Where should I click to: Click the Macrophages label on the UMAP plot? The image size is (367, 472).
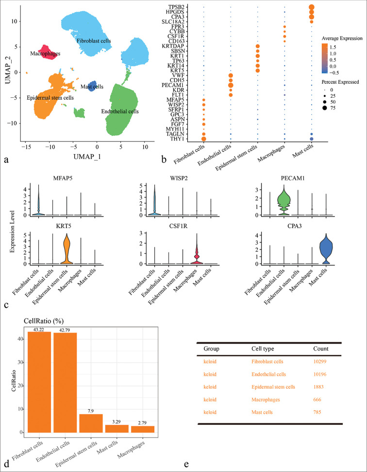click(x=45, y=53)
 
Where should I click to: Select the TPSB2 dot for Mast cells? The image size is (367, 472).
click(x=311, y=7)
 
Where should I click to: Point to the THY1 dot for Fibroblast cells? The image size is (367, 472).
click(x=203, y=139)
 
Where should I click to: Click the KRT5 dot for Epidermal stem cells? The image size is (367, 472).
click(x=258, y=71)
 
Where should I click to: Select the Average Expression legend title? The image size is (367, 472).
click(x=340, y=38)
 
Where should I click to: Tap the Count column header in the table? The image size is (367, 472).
click(x=320, y=349)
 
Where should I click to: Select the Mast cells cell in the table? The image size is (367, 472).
click(x=263, y=412)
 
